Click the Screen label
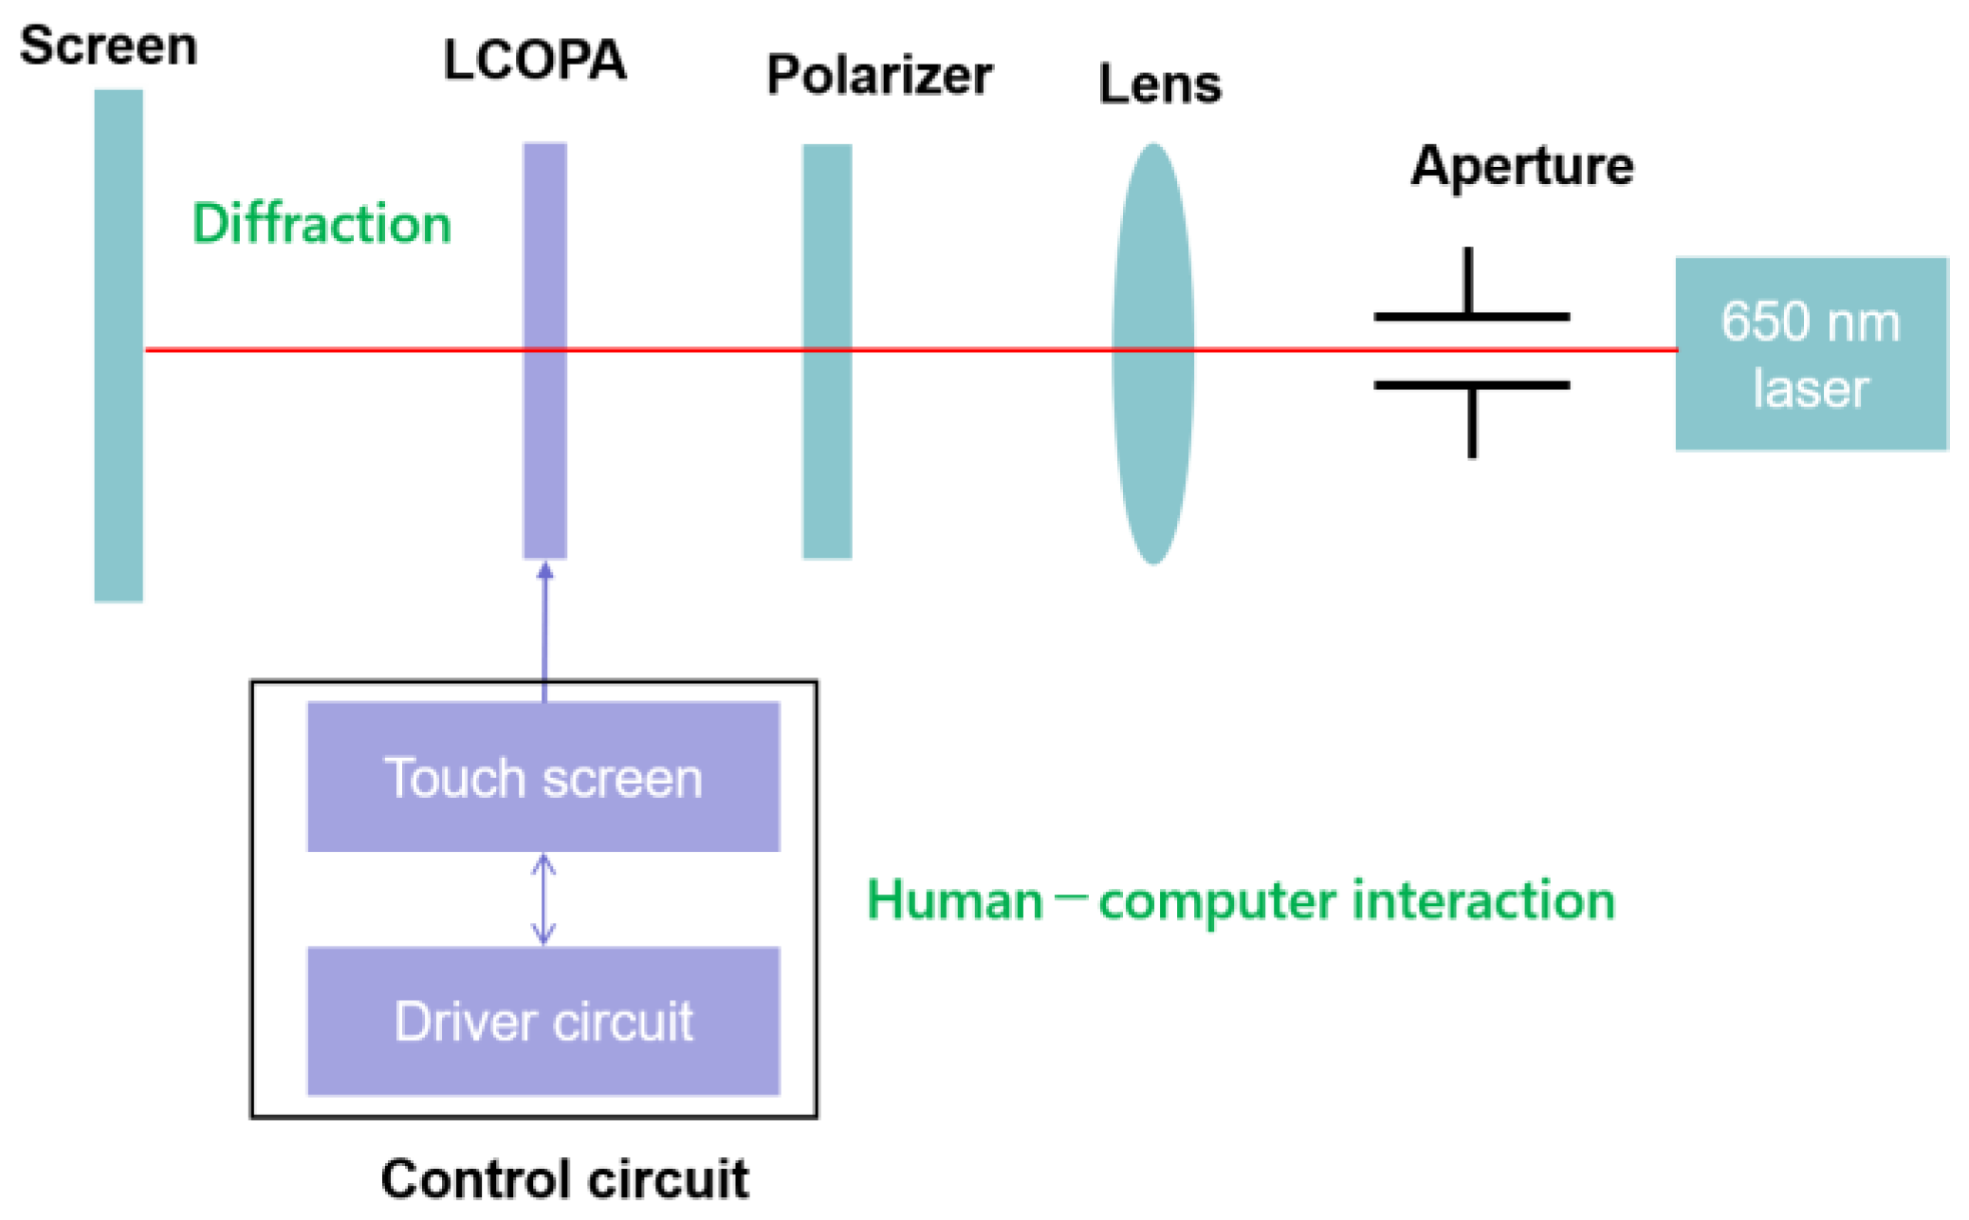click(108, 46)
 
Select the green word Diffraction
click(322, 224)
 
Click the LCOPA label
click(534, 60)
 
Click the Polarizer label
click(879, 76)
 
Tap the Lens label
click(1159, 84)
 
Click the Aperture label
click(1521, 166)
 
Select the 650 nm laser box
click(1810, 354)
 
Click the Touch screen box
click(543, 777)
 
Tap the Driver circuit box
click(543, 1021)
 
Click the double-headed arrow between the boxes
click(543, 899)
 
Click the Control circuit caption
click(564, 1179)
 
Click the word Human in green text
click(954, 900)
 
